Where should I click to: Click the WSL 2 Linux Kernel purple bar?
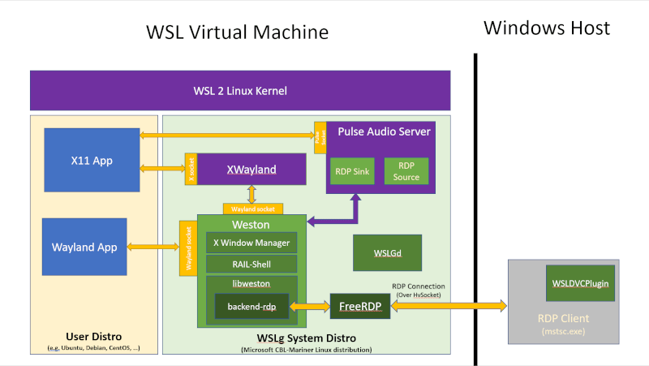point(239,90)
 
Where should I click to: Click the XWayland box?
point(251,170)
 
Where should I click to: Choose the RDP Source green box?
point(406,171)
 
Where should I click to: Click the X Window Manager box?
point(251,242)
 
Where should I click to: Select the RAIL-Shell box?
point(251,264)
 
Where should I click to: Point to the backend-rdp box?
point(251,306)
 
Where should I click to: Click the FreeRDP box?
point(359,306)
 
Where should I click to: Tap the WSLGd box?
point(388,252)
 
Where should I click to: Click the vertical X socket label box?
point(191,169)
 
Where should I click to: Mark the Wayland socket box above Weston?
point(252,209)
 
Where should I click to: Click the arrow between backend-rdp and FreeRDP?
point(309,306)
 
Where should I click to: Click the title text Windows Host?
point(546,28)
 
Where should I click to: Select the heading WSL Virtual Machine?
point(237,32)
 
